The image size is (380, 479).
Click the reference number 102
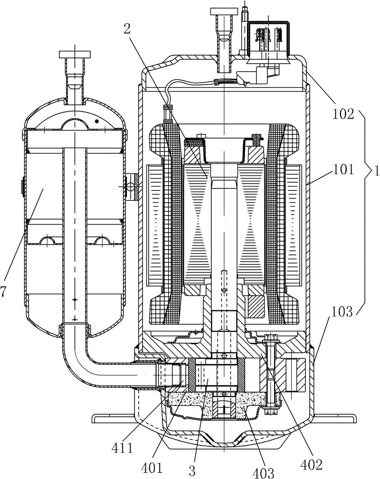[x=343, y=114]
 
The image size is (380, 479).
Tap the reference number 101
[x=343, y=169]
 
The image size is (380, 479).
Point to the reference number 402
[x=312, y=465]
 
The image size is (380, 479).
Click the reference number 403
[x=263, y=472]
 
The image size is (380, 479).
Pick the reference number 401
[x=152, y=468]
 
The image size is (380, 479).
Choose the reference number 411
[x=122, y=448]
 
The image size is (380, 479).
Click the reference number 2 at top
[x=127, y=28]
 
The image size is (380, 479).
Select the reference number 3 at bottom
[x=192, y=471]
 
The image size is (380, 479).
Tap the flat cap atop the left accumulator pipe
[x=75, y=55]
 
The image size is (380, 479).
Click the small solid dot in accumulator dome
[x=97, y=121]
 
